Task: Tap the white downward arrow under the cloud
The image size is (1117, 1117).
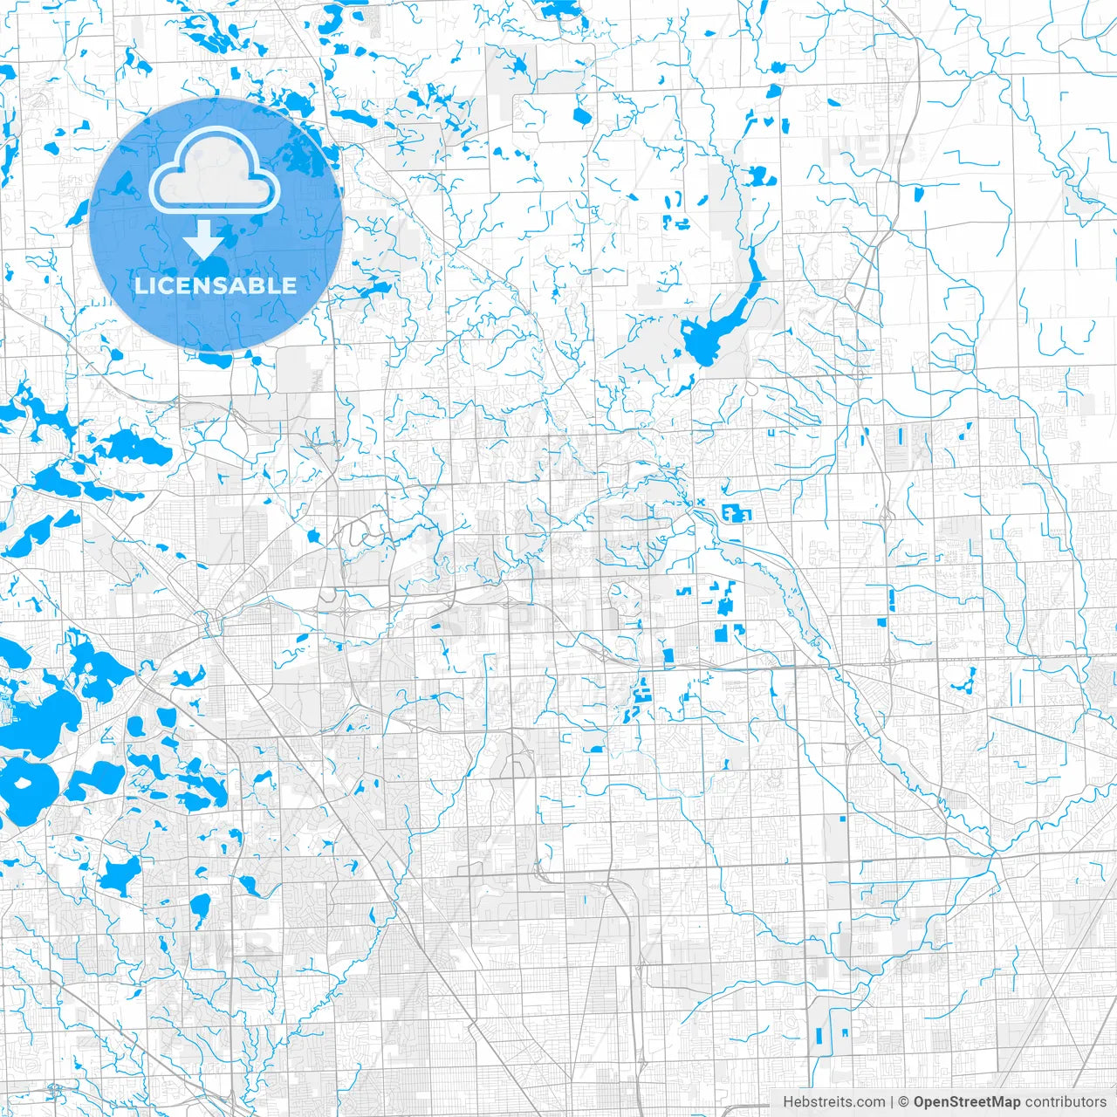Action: click(204, 239)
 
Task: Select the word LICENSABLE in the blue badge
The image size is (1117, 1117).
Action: click(216, 285)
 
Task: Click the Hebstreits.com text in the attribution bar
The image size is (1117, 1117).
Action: click(833, 1102)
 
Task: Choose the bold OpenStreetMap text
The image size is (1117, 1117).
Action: click(967, 1102)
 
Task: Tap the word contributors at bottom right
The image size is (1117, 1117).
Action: click(1066, 1102)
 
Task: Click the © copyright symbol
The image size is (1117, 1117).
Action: click(904, 1102)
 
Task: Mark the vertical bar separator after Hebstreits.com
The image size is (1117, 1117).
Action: click(892, 1102)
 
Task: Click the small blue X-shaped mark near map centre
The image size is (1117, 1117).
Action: click(699, 502)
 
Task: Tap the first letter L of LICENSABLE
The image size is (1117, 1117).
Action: click(140, 285)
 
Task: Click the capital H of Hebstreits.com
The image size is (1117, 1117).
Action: click(788, 1102)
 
